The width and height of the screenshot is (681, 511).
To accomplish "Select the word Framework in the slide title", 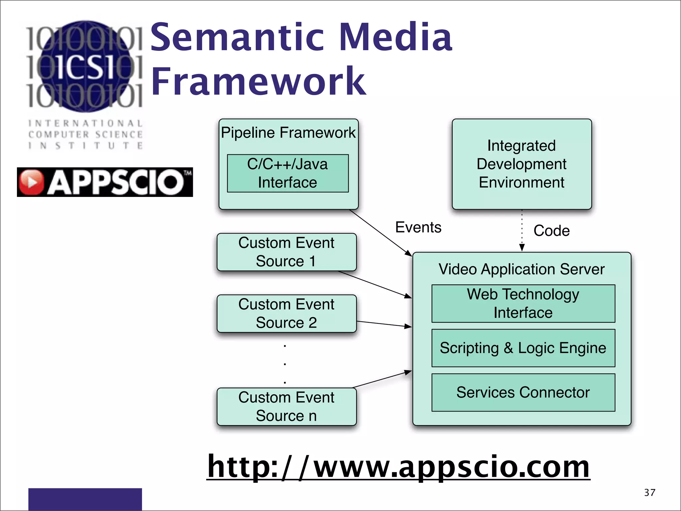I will [x=259, y=81].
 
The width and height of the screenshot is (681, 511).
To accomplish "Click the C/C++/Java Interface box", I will [x=288, y=173].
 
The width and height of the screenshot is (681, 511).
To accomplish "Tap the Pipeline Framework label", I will [x=288, y=133].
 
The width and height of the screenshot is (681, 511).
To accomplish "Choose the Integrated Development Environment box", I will [x=521, y=164].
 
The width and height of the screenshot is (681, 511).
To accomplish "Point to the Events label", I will [x=418, y=228].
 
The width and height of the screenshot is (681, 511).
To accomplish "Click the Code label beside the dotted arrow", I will [x=551, y=231].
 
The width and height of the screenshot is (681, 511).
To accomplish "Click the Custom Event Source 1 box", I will [x=286, y=252].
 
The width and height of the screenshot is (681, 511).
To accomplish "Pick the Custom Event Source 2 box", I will [x=286, y=313].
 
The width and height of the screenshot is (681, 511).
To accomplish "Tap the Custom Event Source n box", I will [x=286, y=407].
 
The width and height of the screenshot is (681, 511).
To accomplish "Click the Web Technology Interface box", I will [x=523, y=303].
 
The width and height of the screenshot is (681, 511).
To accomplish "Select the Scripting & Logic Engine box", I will [x=523, y=348].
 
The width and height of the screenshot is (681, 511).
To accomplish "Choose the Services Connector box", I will [x=523, y=393].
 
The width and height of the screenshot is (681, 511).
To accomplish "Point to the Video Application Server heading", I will [x=521, y=269].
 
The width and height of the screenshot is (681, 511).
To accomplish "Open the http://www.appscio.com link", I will [x=398, y=467].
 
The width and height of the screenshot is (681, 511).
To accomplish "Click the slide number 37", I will [x=649, y=493].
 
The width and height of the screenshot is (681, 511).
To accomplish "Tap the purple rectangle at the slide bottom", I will [x=85, y=499].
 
